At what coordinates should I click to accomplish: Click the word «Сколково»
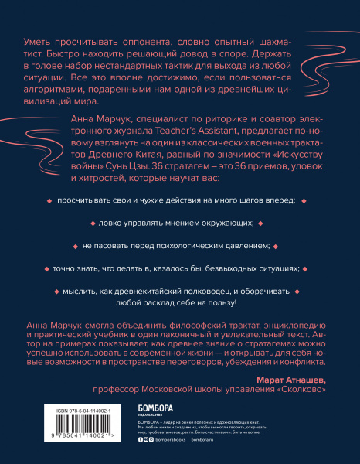290,390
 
